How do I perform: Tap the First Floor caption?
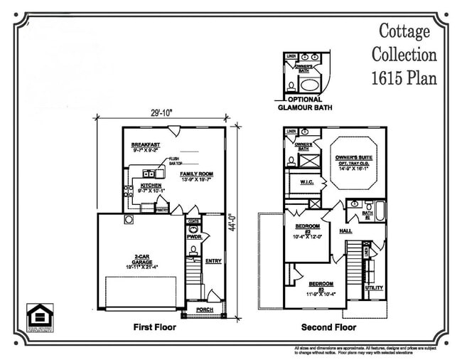(154, 328)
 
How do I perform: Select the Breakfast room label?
(145, 144)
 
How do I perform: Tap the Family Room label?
(196, 174)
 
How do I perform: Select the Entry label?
(213, 261)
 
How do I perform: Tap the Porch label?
(205, 309)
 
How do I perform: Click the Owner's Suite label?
(355, 157)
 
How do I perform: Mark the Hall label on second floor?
(346, 231)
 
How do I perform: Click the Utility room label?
(374, 288)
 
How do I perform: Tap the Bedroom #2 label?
(308, 228)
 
